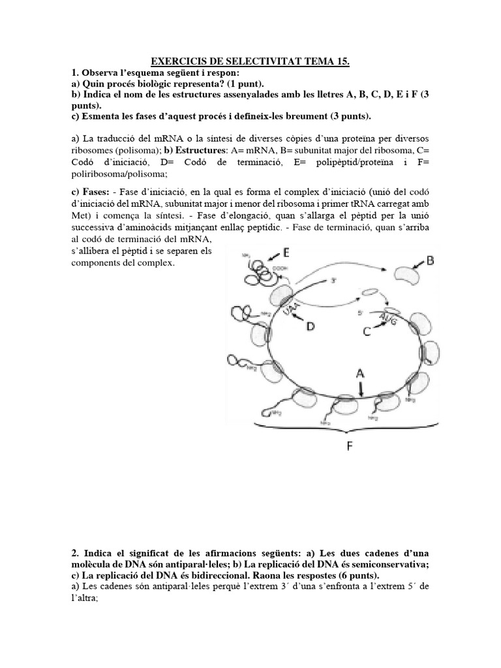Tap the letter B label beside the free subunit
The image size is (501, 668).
click(431, 261)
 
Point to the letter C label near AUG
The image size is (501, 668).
click(368, 331)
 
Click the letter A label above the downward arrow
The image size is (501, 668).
click(359, 373)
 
